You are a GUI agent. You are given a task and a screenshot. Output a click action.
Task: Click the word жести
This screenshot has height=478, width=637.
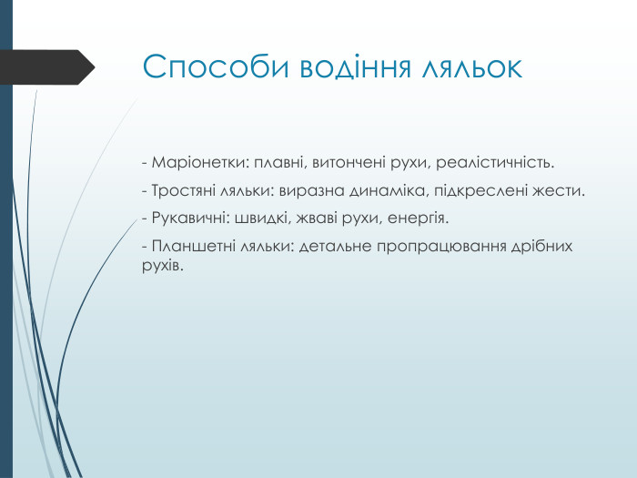click(x=563, y=192)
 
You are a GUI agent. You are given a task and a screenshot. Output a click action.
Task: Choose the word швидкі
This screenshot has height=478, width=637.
click(x=259, y=219)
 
